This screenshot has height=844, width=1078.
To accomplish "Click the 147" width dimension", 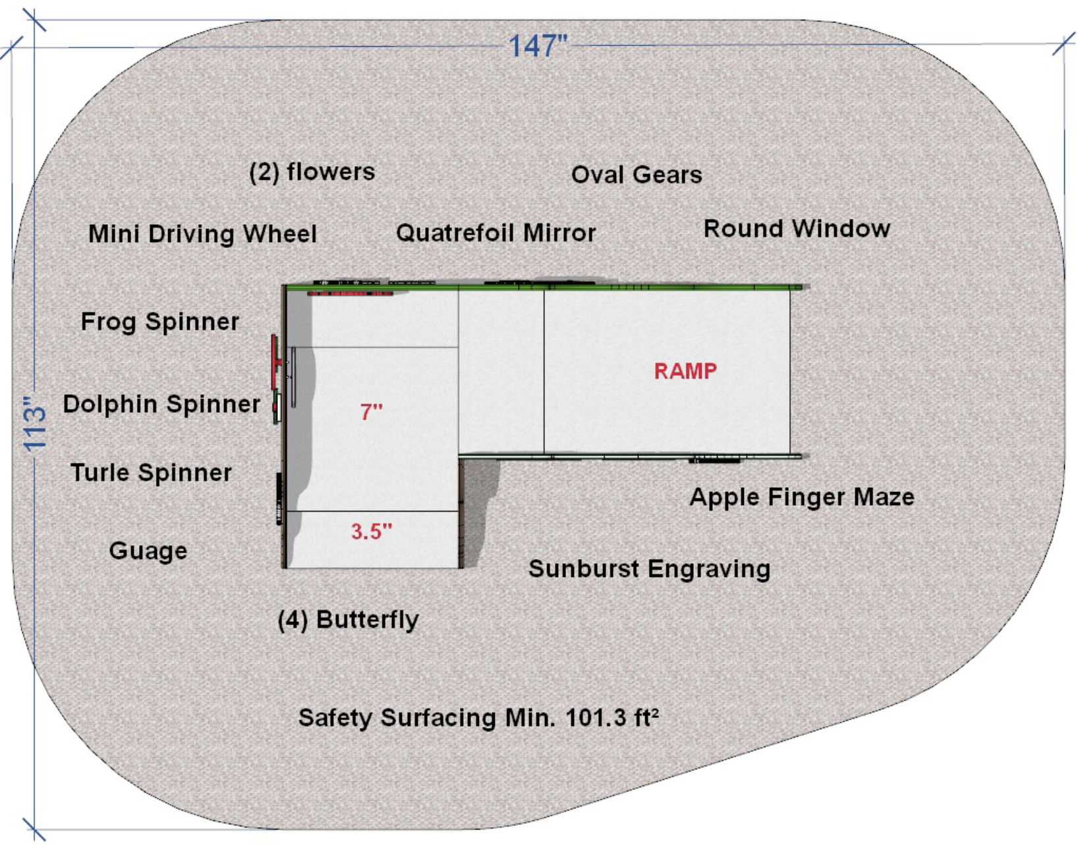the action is click(537, 45).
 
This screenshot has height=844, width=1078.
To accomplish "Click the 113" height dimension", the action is click(36, 424).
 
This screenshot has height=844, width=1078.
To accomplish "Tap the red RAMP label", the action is click(685, 371).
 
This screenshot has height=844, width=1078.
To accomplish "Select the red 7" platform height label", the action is click(372, 412).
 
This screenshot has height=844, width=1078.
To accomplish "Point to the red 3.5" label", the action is click(372, 531).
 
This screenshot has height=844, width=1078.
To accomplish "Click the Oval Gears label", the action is click(637, 175).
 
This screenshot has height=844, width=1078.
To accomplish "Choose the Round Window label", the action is click(797, 229).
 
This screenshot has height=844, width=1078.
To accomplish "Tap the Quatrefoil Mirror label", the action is click(496, 233).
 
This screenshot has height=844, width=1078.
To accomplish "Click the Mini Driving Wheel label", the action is click(202, 234).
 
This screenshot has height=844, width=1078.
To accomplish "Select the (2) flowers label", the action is click(312, 172).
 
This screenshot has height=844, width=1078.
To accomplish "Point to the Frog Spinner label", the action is click(159, 322).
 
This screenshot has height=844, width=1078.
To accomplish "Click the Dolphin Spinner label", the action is click(161, 404).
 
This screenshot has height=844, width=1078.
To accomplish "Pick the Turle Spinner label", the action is click(152, 473).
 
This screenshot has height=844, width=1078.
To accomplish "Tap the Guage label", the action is click(148, 551).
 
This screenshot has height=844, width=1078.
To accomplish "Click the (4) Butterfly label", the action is click(349, 620).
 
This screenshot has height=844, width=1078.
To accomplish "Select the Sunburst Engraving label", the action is click(650, 569).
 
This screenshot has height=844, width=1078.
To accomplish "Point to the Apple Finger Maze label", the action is click(802, 497).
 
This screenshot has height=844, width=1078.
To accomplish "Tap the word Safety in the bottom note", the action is click(335, 719).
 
